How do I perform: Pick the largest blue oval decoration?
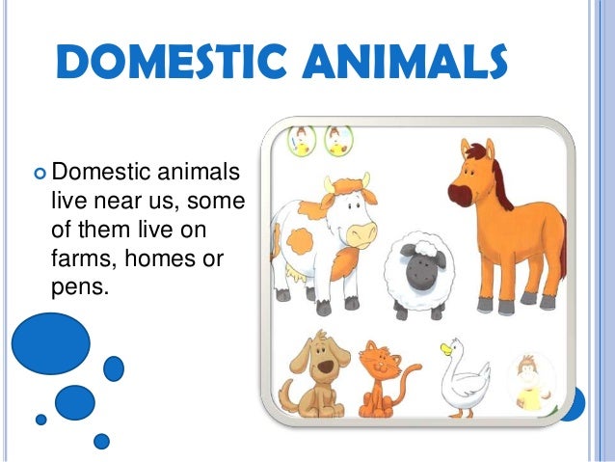(x=51, y=343)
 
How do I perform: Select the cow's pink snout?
(x=360, y=233)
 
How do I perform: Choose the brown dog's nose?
(x=325, y=367)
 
